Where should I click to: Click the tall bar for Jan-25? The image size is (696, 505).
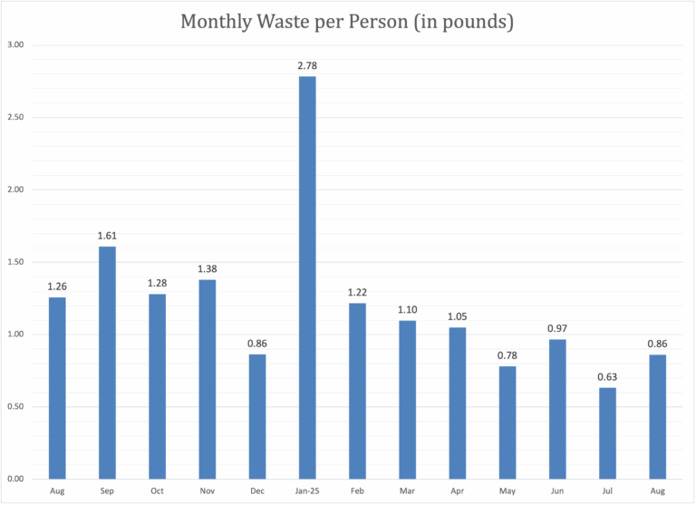(x=307, y=277)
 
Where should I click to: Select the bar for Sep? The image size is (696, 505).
(x=107, y=363)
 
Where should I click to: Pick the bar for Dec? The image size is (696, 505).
(x=257, y=416)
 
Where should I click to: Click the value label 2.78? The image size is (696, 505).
(x=307, y=66)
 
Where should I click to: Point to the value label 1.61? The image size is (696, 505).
(x=107, y=236)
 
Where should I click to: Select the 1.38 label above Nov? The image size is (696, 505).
(x=207, y=269)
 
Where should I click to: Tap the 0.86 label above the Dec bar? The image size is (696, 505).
(x=257, y=344)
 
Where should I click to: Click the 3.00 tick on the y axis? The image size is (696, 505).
(x=15, y=45)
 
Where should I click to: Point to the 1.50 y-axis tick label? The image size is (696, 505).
(x=15, y=262)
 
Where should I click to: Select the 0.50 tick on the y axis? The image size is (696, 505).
(x=15, y=407)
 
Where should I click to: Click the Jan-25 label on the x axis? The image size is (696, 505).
(x=307, y=490)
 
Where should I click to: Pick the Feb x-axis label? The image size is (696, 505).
(x=357, y=490)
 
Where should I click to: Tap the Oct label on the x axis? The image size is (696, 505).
(x=157, y=490)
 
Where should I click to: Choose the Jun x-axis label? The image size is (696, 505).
(x=557, y=490)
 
